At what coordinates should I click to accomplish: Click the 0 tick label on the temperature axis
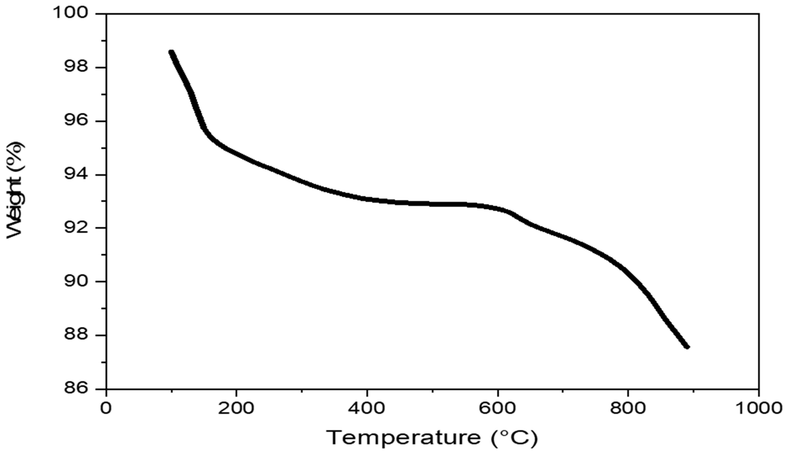[106, 408]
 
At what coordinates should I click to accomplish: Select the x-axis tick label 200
[236, 408]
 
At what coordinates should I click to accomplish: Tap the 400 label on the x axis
[367, 408]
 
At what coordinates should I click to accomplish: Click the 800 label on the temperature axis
[628, 408]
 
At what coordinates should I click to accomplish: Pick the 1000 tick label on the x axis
[758, 408]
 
